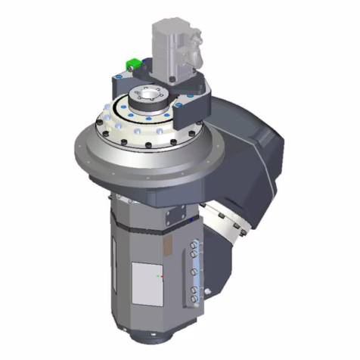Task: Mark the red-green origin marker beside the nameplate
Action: click(159, 277)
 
